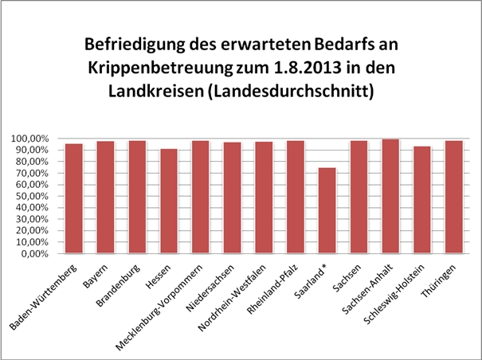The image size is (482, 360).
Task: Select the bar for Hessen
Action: click(169, 201)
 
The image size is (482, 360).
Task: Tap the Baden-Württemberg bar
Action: click(74, 198)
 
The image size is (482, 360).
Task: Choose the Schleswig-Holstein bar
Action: click(421, 200)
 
